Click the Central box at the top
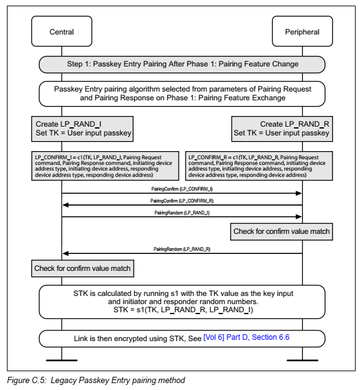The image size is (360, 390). pyautogui.click(x=61, y=32)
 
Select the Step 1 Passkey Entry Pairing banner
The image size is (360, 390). pyautogui.click(x=183, y=64)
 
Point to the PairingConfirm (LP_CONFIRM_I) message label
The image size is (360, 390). pyautogui.click(x=182, y=188)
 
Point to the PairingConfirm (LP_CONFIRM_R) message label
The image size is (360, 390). pyautogui.click(x=182, y=200)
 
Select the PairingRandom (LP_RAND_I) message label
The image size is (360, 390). pyautogui.click(x=182, y=213)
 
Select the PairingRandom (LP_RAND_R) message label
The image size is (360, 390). pyautogui.click(x=182, y=249)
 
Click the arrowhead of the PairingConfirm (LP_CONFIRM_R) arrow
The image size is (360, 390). pyautogui.click(x=65, y=205)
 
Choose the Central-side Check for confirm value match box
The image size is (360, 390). pyautogui.click(x=83, y=268)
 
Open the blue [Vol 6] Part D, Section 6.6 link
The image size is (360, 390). pyautogui.click(x=246, y=338)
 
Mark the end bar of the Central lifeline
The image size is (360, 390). pyautogui.click(x=61, y=360)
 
